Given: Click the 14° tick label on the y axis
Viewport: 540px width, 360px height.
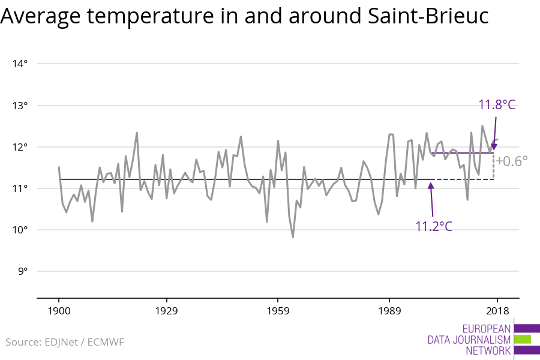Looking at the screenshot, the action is point(20,64).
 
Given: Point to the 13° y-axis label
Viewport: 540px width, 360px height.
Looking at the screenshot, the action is point(20,106).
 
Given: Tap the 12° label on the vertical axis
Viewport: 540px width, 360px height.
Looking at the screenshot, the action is point(20,147).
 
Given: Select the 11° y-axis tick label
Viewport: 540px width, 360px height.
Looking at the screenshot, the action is point(20,188).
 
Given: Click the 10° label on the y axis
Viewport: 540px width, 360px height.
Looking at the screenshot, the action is point(20,230).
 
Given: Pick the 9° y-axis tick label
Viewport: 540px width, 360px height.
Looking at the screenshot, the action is point(23,271).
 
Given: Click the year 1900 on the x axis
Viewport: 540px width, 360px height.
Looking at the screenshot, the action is point(59,311).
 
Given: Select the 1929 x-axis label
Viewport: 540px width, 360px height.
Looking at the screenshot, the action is point(166,311).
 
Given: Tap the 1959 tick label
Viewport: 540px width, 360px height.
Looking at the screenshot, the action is point(278,311).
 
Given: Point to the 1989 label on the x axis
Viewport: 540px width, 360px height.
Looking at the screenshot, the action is point(389,311).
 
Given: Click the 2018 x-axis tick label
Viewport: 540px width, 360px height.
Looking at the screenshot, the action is point(497,311).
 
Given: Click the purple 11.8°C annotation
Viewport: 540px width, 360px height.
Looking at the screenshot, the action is point(497,105).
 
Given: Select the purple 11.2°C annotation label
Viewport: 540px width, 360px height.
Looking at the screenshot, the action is point(434,227).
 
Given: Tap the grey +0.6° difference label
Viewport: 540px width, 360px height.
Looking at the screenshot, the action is point(512,161).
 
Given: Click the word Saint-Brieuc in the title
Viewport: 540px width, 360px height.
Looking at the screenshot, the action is point(428,16).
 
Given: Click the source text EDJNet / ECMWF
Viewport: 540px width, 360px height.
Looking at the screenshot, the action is point(85,342).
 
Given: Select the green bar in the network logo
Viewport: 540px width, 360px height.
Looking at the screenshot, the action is point(523,340).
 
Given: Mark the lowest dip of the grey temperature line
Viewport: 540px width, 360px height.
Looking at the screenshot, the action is point(293,237).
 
